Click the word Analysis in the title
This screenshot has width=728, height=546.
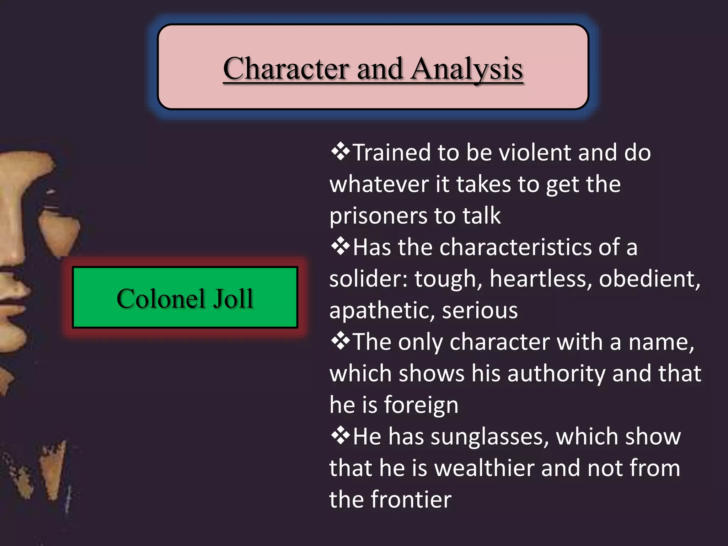click(467, 69)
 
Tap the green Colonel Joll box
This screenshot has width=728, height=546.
click(185, 297)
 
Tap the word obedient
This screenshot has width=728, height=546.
click(649, 279)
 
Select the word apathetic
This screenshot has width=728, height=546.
click(382, 310)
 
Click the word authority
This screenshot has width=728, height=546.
click(556, 373)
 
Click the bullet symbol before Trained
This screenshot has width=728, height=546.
click(340, 152)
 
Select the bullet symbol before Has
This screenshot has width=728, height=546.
click(340, 247)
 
